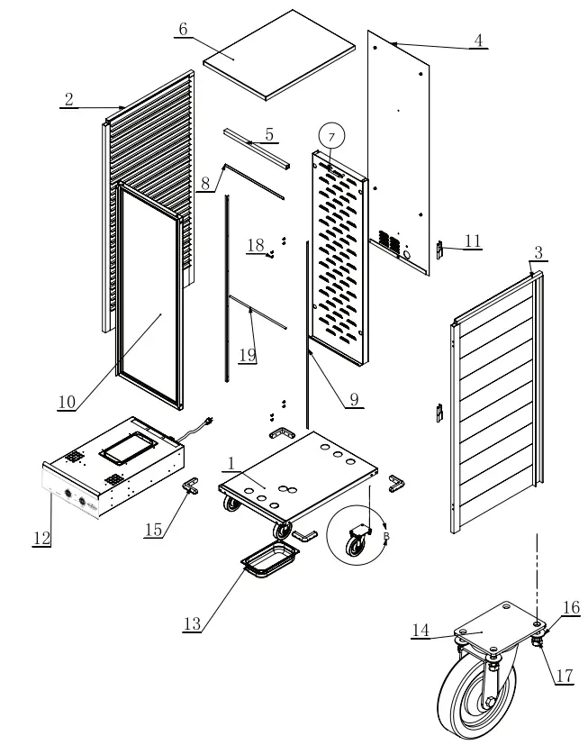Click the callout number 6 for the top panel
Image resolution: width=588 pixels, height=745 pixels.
coord(183,29)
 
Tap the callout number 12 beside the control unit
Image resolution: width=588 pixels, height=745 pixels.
coord(41,538)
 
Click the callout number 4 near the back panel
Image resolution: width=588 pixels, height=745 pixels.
coord(478,40)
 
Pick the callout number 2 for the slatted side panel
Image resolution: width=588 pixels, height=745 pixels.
coord(68,99)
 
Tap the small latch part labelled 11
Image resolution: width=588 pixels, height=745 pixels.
coord(440,250)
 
